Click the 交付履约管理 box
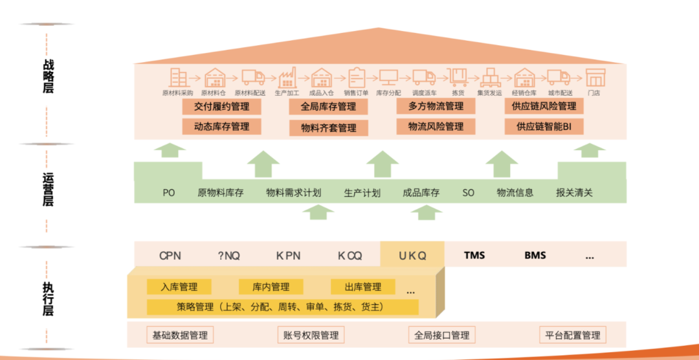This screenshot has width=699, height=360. pyautogui.click(x=221, y=106)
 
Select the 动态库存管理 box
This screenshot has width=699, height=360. pyautogui.click(x=221, y=126)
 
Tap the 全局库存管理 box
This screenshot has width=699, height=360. pyautogui.click(x=328, y=106)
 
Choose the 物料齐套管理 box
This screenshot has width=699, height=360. pyautogui.click(x=328, y=128)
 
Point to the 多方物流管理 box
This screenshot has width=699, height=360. pyautogui.click(x=436, y=106)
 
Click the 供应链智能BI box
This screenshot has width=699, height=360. pyautogui.click(x=544, y=126)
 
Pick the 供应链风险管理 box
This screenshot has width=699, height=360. pyautogui.click(x=544, y=106)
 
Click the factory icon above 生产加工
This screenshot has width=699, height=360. pyautogui.click(x=287, y=78)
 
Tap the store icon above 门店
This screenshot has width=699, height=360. pyautogui.click(x=595, y=78)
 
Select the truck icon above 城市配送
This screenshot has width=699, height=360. pyautogui.click(x=558, y=78)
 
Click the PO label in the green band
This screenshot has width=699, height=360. pyautogui.click(x=169, y=192)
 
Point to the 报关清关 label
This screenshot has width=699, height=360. pyautogui.click(x=574, y=192)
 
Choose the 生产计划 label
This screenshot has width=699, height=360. pyautogui.click(x=362, y=192)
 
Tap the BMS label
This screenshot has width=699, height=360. pyautogui.click(x=535, y=255)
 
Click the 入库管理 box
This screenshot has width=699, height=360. pyautogui.click(x=179, y=287)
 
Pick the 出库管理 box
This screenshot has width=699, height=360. pyautogui.click(x=362, y=287)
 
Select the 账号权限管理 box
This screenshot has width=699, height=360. pyautogui.click(x=311, y=335)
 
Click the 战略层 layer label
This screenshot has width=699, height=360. pyautogui.click(x=49, y=76)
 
